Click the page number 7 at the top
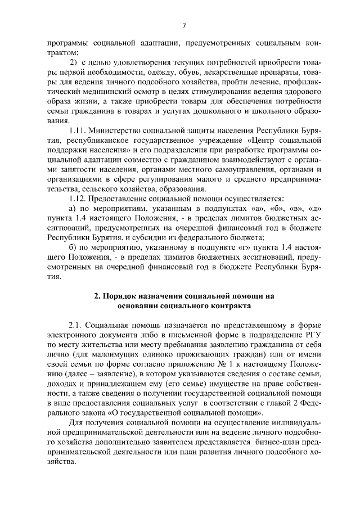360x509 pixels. coord(183,25)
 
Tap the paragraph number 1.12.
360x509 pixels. coord(76,199)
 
